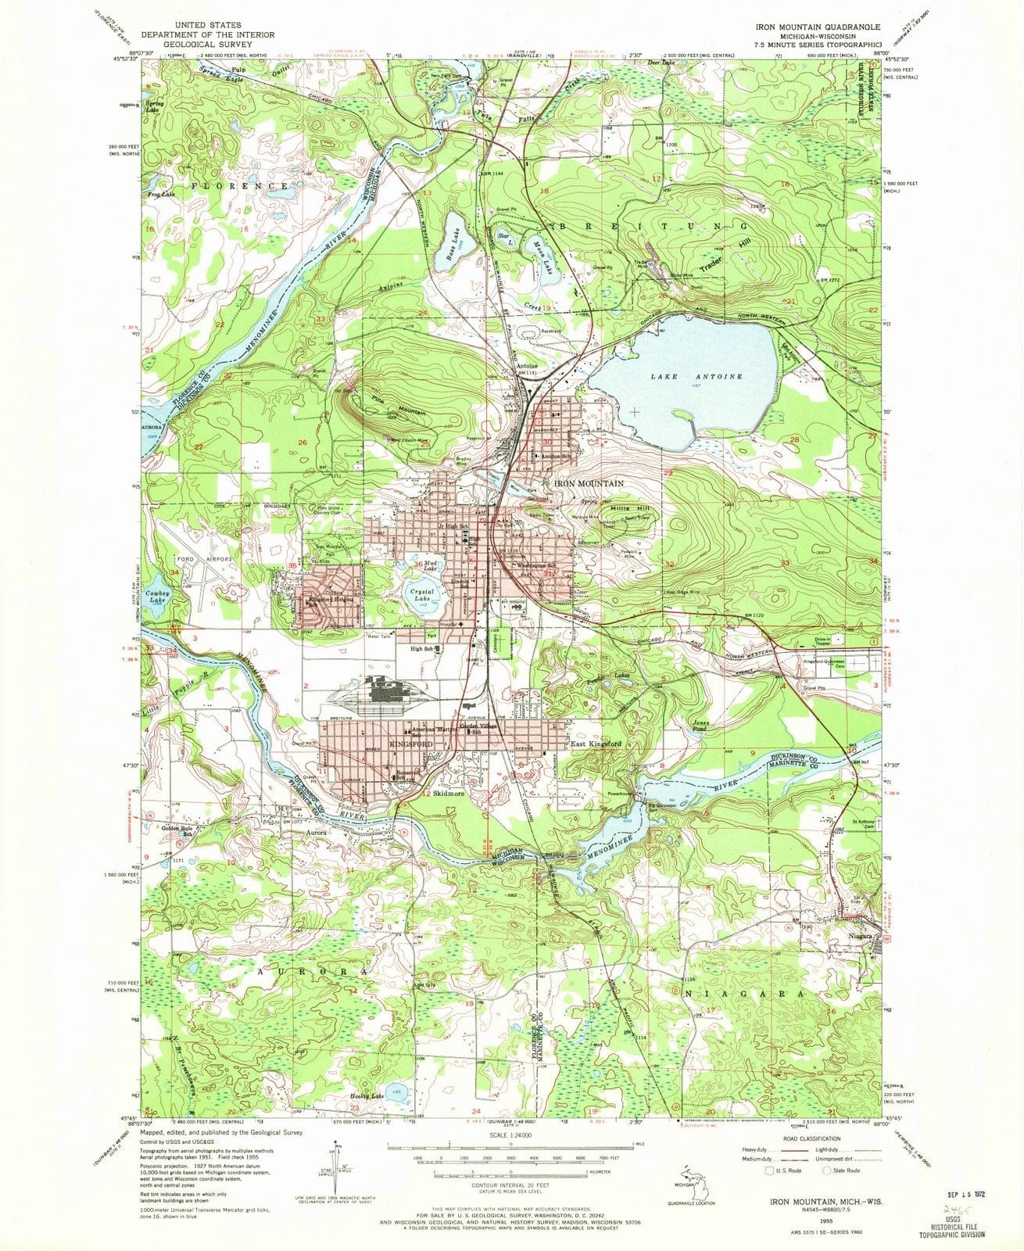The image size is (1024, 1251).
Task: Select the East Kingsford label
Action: [596, 744]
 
